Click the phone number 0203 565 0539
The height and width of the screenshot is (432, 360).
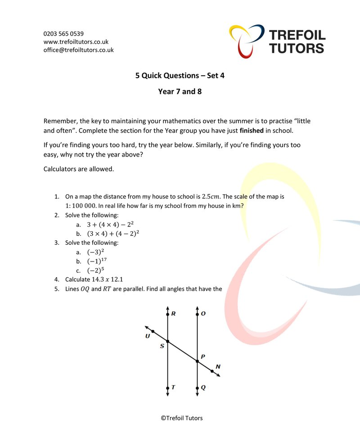(x=63, y=34)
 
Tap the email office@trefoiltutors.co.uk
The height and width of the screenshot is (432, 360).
(x=78, y=50)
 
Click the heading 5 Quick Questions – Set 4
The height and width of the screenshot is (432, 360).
(x=180, y=76)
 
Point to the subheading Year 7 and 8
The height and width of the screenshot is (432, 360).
(x=180, y=92)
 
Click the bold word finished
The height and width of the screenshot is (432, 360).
(x=252, y=131)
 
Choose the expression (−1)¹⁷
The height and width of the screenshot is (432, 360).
(x=97, y=261)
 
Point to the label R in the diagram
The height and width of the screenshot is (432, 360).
(x=173, y=314)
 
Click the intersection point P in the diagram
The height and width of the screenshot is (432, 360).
(x=197, y=361)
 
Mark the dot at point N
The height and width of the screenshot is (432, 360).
(x=212, y=371)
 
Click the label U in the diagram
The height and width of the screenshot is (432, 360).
(x=148, y=337)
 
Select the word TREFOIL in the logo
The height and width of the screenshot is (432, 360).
(x=297, y=35)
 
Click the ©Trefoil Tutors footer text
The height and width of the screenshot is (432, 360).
(x=182, y=418)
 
